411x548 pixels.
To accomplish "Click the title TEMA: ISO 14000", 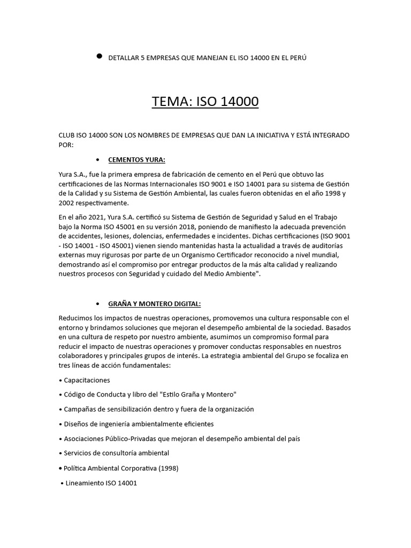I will tap(205, 101).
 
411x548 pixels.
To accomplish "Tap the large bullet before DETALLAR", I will tap(99, 56).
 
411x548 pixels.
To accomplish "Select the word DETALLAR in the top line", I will tap(123, 58).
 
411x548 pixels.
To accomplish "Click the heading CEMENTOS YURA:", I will tap(136, 159).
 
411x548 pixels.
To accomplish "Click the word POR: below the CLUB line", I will tap(66, 144).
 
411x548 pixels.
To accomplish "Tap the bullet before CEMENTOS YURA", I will tap(97, 159).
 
